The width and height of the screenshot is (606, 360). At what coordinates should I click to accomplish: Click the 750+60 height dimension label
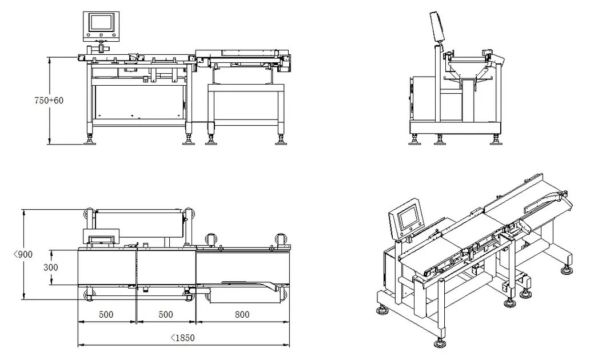click(x=49, y=100)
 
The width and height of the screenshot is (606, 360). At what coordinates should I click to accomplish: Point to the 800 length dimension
click(x=242, y=314)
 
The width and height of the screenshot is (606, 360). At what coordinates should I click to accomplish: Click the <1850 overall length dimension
click(x=183, y=338)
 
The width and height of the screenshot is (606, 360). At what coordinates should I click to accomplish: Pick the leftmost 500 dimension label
click(x=106, y=314)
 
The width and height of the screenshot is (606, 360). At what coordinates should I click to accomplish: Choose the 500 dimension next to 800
click(x=166, y=314)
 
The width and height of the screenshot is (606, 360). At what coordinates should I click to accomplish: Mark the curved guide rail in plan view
click(x=252, y=283)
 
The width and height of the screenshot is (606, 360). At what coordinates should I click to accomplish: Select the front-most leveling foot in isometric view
click(x=440, y=343)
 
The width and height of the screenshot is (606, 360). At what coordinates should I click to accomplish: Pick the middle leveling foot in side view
click(x=440, y=139)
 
